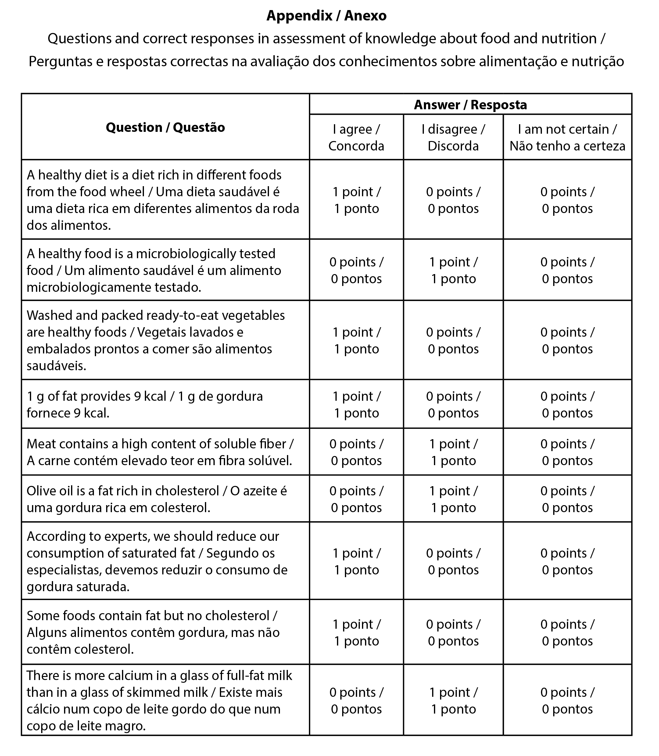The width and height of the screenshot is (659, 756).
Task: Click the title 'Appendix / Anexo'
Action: pos(326,16)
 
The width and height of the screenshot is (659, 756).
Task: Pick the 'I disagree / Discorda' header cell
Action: pos(453,137)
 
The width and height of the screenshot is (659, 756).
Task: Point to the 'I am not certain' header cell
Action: pos(567,137)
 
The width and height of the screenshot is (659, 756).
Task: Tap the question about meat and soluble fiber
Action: pos(160,452)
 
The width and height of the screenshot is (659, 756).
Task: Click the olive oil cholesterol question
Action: pos(156,499)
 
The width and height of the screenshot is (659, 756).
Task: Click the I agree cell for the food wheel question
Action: pos(356,200)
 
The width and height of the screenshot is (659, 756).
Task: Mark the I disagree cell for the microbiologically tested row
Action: pos(453,270)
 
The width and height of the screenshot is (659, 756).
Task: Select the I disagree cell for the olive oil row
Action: pos(453,499)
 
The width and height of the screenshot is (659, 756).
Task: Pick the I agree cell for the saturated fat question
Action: pos(356,561)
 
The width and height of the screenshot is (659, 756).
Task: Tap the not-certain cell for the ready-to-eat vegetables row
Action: pos(567,340)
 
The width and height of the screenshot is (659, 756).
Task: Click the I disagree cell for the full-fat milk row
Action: pos(453,700)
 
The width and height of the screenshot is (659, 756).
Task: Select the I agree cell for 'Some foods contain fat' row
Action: pos(356,632)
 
